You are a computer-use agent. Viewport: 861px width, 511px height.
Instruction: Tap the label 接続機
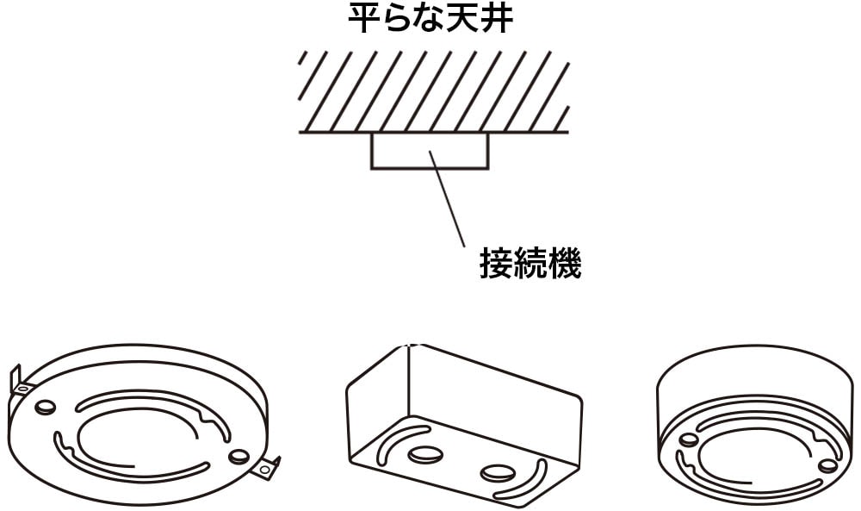pyautogui.click(x=530, y=264)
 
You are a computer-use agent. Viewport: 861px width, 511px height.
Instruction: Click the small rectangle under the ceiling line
pyautogui.click(x=430, y=151)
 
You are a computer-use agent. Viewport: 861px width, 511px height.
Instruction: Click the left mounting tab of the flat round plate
pyautogui.click(x=20, y=381)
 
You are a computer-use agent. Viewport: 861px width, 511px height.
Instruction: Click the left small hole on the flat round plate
pyautogui.click(x=46, y=405)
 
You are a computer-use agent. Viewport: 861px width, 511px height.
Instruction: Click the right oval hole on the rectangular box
pyautogui.click(x=497, y=472)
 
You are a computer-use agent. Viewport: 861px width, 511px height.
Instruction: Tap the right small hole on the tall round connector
pyautogui.click(x=827, y=465)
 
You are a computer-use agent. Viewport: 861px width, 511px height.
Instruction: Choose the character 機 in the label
pyautogui.click(x=564, y=264)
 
